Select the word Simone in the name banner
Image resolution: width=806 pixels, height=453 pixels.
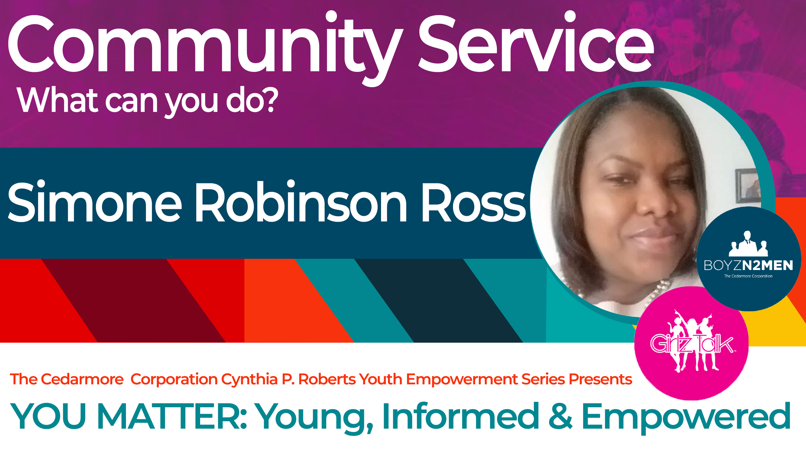pos(95,201)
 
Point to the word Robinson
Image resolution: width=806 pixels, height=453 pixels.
pos(301,201)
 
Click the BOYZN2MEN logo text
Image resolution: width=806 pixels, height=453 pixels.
pos(748,265)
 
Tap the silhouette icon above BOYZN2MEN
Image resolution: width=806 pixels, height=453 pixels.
pos(748,244)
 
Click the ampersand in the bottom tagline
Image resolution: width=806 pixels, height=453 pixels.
pos(561,416)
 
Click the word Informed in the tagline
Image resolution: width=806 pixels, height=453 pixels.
pos(461,416)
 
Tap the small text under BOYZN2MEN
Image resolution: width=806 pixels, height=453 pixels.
pos(748,276)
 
